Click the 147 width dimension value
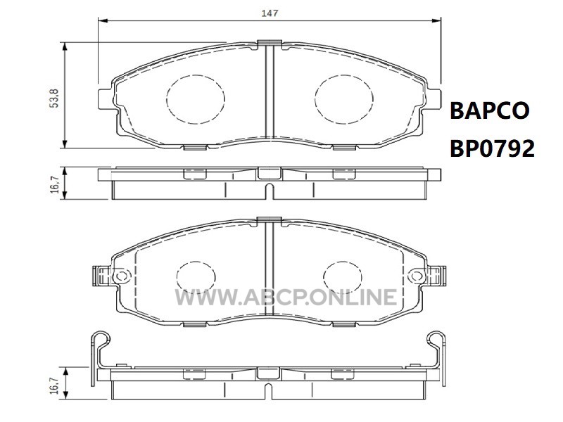click(270, 13)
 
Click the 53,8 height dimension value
click(54, 98)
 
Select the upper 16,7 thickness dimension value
click(54, 184)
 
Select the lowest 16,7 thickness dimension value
click(54, 385)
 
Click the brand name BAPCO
click(489, 110)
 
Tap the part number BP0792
click(492, 148)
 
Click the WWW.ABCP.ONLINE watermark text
click(286, 297)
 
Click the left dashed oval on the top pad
click(196, 99)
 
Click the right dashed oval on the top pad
click(344, 99)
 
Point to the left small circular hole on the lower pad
click(122, 276)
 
